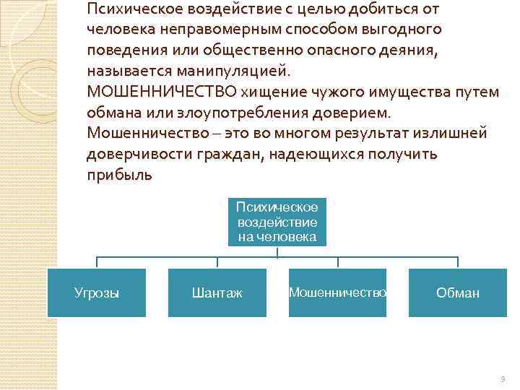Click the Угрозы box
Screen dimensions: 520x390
(97, 292)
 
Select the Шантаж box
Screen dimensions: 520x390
(217, 292)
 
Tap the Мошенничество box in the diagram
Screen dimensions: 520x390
(337, 292)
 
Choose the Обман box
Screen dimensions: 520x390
(457, 292)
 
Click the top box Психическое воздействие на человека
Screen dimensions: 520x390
(277, 222)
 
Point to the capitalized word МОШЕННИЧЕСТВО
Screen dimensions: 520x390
(162, 93)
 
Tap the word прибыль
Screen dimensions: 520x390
(119, 176)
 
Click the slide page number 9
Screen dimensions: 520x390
(503, 378)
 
